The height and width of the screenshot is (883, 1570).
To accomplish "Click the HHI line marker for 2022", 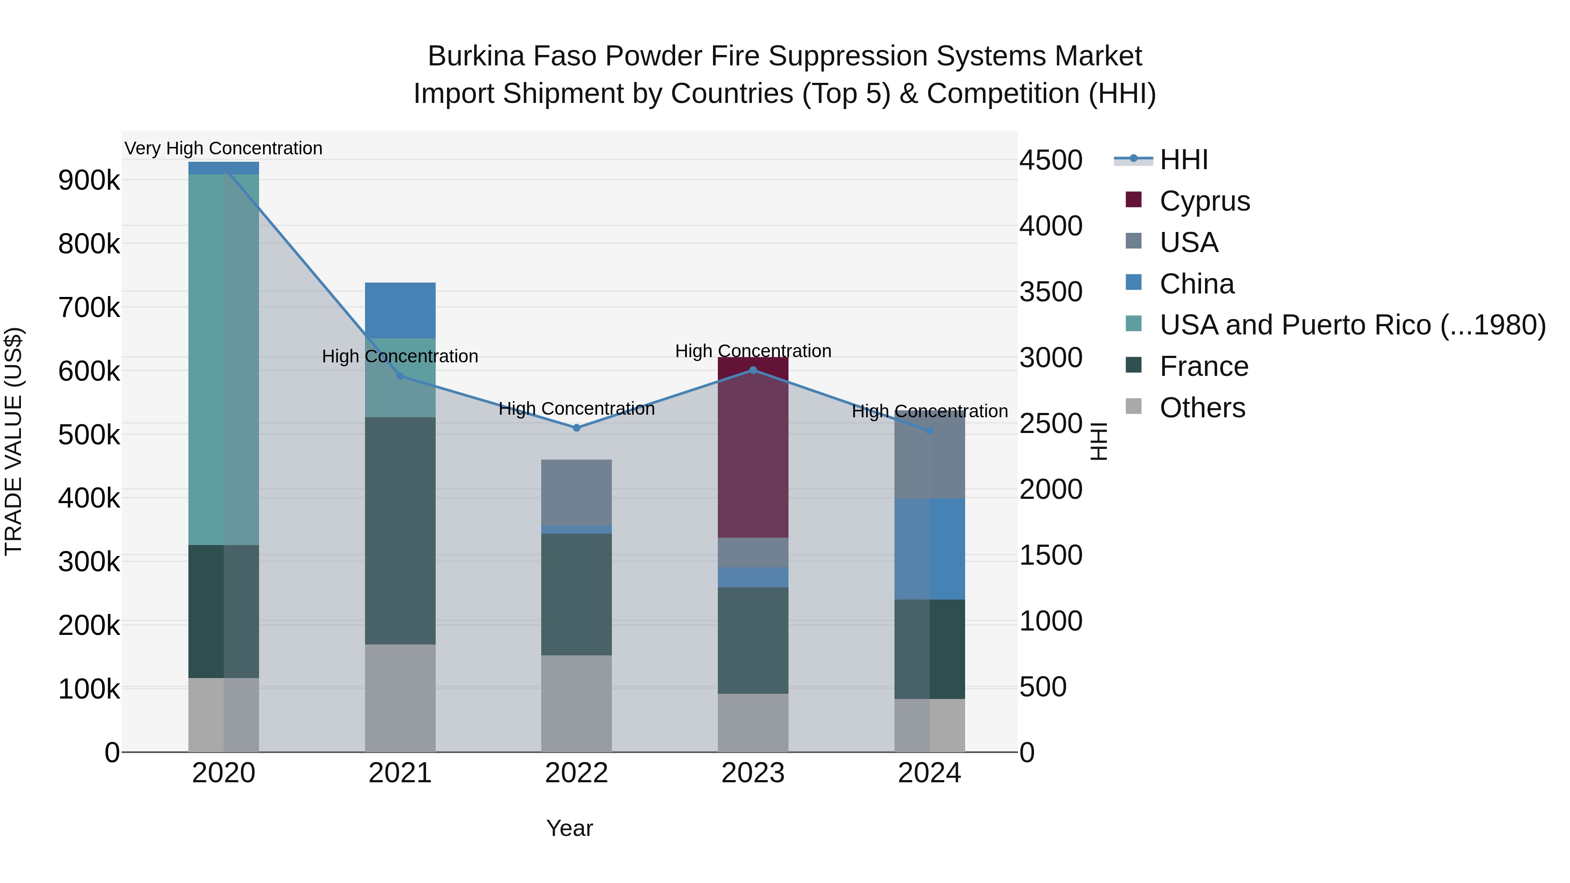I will click(576, 428).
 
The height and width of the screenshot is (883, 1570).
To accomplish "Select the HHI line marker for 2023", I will click(753, 370).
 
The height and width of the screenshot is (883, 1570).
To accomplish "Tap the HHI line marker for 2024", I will click(929, 431).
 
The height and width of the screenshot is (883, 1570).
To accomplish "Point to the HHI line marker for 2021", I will click(400, 376).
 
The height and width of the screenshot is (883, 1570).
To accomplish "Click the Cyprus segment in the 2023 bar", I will click(753, 448).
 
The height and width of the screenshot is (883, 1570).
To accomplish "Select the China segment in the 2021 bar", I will click(400, 310).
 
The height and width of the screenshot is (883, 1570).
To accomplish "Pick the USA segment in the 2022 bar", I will click(576, 492).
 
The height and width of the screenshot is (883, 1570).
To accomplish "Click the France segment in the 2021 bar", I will click(400, 530).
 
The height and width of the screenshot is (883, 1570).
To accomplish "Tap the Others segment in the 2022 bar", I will click(576, 703).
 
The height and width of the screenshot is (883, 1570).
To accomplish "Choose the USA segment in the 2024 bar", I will click(929, 456).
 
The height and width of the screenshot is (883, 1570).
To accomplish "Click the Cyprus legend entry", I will click(1204, 201).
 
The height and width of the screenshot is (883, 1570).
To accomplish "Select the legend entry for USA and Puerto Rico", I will click(1352, 325).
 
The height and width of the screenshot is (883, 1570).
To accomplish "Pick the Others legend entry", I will click(1201, 408).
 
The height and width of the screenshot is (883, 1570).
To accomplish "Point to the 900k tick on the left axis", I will click(89, 181).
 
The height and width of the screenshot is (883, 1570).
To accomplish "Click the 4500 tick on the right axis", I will click(1051, 160).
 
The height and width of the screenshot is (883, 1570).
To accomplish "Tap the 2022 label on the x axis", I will click(576, 773).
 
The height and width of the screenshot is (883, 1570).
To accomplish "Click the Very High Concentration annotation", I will click(223, 148).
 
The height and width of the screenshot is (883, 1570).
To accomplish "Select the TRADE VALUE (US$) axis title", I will click(14, 441).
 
